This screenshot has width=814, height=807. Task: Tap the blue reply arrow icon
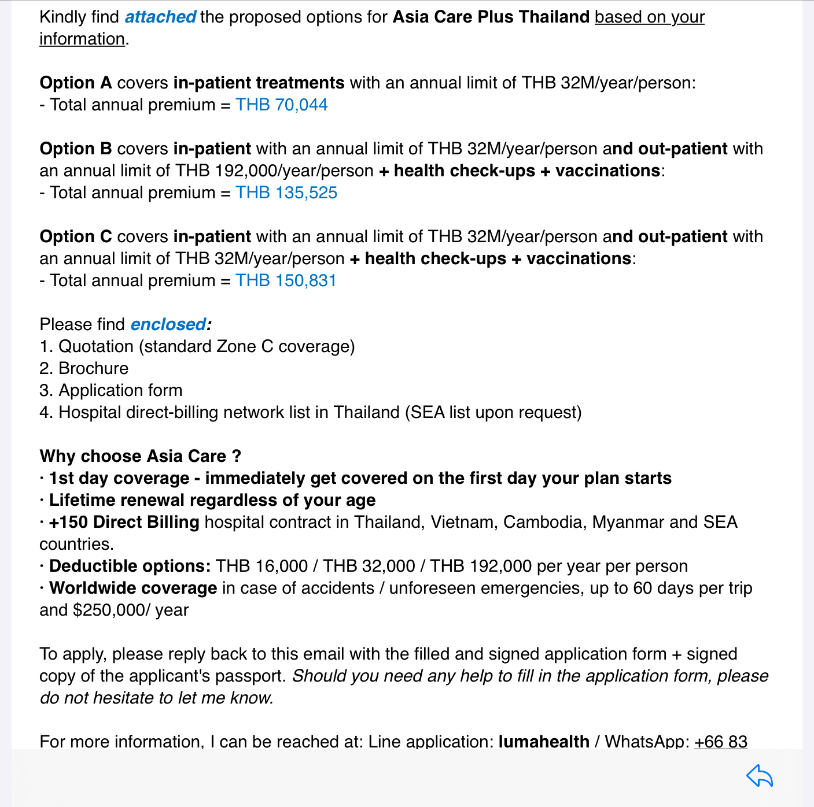(760, 776)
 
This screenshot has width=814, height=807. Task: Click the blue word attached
(160, 17)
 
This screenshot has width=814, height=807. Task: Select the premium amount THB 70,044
(281, 105)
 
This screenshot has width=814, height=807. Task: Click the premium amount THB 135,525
(286, 193)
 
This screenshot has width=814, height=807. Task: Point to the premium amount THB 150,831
(286, 280)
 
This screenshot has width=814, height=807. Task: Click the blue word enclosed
(168, 324)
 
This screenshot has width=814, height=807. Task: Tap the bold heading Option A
(76, 83)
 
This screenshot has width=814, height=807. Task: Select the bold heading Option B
(76, 149)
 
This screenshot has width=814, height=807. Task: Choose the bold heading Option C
(76, 236)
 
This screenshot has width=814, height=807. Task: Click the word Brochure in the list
(93, 368)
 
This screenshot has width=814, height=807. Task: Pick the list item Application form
(120, 390)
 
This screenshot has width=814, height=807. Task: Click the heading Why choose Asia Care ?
(140, 456)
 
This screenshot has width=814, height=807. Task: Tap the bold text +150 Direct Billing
(124, 522)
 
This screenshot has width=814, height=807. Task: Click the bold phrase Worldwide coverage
(133, 588)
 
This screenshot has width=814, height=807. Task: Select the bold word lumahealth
(544, 741)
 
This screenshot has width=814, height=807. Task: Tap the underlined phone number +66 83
(720, 741)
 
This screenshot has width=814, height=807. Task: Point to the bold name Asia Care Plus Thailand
(491, 17)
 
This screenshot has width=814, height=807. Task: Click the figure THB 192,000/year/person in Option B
(274, 171)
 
